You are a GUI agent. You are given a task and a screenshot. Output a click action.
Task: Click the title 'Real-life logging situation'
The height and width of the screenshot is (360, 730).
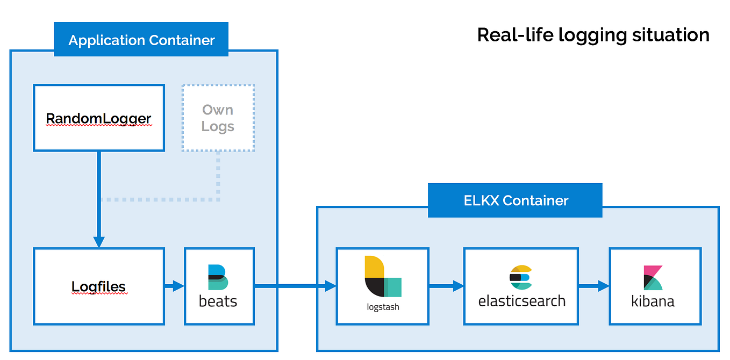[593, 35]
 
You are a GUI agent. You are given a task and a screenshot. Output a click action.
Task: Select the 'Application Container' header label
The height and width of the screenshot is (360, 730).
[141, 40]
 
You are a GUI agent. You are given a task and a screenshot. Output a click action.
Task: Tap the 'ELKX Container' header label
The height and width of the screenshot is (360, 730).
[516, 201]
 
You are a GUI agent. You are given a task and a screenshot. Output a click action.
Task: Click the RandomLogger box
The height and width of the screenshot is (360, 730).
[99, 118]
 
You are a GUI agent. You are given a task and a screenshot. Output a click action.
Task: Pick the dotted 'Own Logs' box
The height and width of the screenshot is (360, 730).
[218, 118]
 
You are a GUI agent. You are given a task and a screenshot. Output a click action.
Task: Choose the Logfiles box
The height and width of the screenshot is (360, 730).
[99, 286]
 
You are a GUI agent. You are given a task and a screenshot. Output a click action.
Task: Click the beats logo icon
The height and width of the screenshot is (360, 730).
[218, 277]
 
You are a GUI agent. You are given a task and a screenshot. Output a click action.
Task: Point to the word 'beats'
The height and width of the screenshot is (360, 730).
[218, 301]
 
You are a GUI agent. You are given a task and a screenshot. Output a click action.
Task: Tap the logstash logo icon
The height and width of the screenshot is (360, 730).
[383, 276]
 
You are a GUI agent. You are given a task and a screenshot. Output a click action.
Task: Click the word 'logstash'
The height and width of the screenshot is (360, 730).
[382, 307]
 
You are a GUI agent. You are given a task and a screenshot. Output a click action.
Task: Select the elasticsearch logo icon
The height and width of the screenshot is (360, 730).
[520, 278]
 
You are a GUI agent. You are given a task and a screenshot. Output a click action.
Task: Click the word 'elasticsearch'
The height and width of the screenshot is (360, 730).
[521, 301]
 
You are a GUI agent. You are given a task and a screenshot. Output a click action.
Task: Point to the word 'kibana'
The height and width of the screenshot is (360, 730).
[653, 301]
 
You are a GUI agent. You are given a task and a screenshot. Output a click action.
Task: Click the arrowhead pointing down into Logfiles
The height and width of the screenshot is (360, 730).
[99, 241]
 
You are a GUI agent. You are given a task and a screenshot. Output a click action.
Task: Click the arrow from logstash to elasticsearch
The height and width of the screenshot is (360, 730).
[446, 286]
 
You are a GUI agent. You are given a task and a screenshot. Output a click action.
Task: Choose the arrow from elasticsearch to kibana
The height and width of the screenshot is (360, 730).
[593, 286]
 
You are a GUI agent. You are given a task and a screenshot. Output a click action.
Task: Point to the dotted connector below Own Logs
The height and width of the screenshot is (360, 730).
[218, 177]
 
